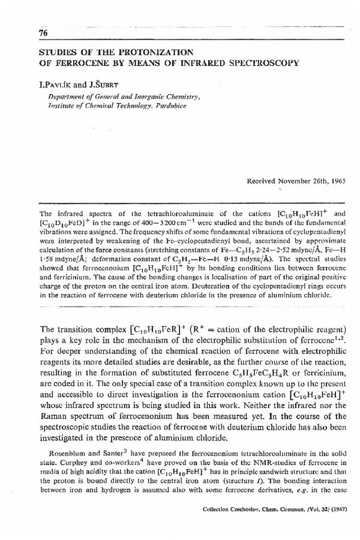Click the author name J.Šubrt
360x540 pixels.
101,79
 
